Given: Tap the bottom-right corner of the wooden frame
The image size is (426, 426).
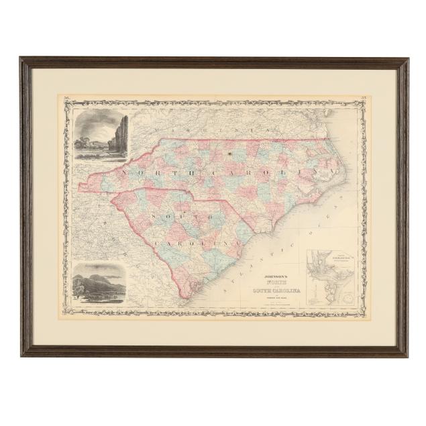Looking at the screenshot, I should tap(405, 355).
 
